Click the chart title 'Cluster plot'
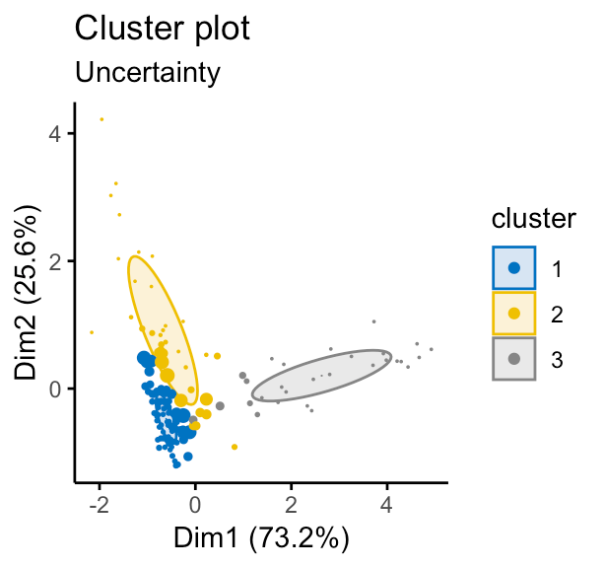click(163, 29)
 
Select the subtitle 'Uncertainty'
click(147, 72)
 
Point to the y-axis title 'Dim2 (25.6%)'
click(29, 293)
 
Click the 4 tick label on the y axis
click(56, 133)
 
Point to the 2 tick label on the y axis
click(56, 261)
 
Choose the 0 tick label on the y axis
click(56, 389)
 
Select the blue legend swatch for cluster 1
click(513, 267)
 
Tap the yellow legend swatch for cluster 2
click(513, 314)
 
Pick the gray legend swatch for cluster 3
click(513, 360)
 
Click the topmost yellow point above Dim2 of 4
click(101, 119)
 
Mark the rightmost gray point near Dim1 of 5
click(431, 349)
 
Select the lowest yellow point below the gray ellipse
click(235, 447)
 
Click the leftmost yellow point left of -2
click(92, 332)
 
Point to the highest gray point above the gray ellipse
click(373, 321)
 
